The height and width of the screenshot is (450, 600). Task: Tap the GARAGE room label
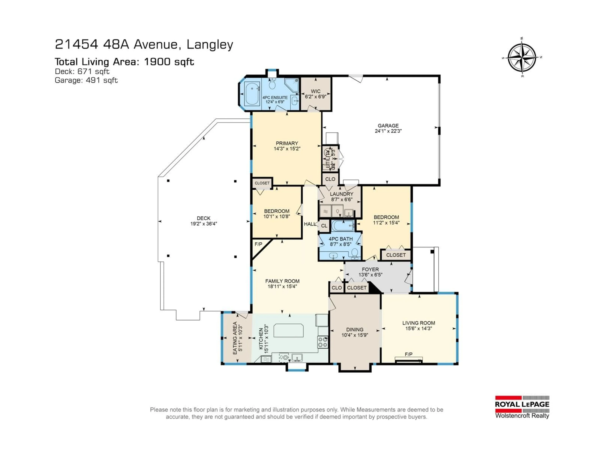coord(388,126)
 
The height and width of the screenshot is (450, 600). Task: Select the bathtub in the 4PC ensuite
coord(252,94)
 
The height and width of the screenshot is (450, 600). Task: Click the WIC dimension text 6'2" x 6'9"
coord(315,97)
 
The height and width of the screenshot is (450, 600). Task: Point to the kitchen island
coord(288,330)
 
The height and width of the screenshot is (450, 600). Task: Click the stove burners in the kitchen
coord(323,342)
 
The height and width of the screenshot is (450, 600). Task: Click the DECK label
coord(203,218)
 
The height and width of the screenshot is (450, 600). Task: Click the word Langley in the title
coord(210,45)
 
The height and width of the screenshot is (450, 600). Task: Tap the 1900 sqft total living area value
coord(169,62)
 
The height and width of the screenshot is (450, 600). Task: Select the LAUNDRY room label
coord(342,194)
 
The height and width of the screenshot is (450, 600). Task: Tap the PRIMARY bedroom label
coord(287,143)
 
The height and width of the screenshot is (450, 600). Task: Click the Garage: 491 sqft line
coord(86,80)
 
